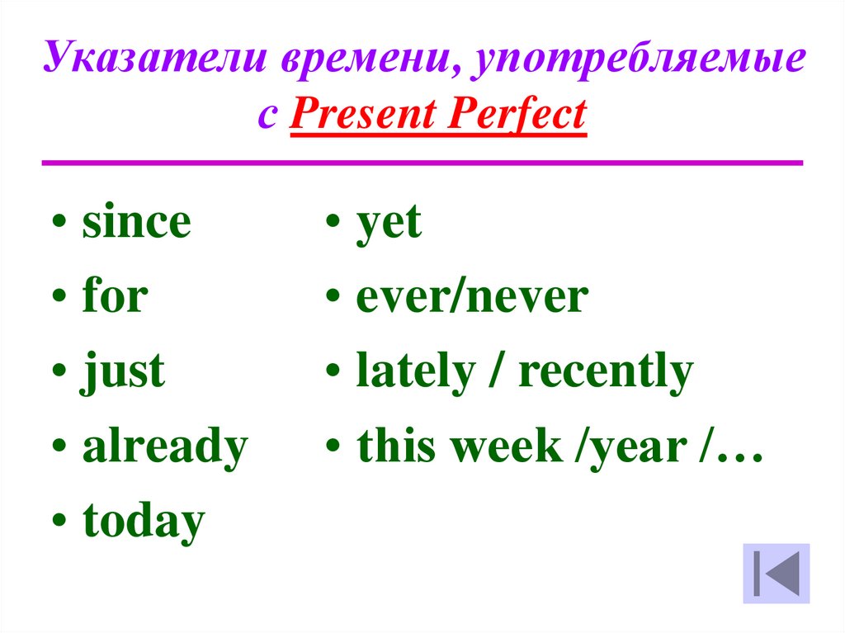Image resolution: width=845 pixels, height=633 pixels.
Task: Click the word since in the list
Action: coord(136,224)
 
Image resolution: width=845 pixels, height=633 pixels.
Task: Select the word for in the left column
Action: coord(115,298)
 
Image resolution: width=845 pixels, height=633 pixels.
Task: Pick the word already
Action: coord(165,448)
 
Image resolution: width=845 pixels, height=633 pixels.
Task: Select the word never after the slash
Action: coord(528,299)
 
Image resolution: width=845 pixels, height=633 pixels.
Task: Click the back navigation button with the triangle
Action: coord(776,573)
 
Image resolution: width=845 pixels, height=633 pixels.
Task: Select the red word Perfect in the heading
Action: coord(517,116)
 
